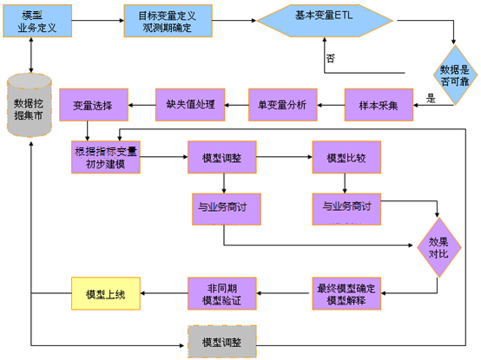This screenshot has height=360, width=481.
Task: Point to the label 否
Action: pos(331,59)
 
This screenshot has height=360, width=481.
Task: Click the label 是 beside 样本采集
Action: pos(431,99)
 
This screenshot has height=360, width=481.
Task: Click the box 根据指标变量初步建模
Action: pos(106,157)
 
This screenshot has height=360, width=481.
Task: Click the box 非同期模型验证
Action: pos(221,294)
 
